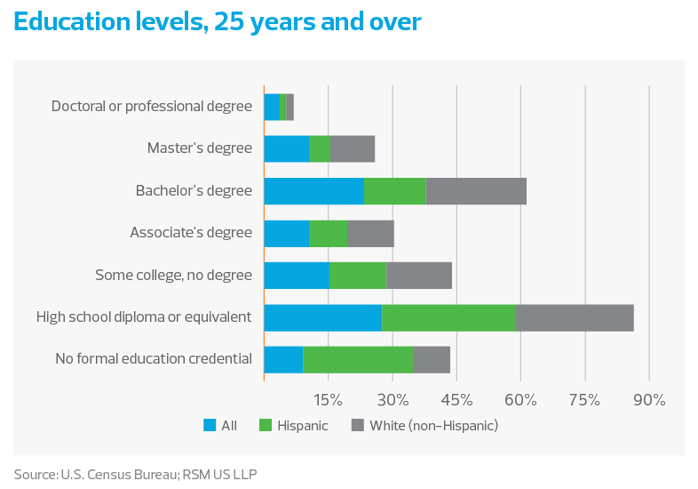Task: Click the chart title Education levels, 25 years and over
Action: [218, 23]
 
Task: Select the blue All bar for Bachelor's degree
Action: [314, 191]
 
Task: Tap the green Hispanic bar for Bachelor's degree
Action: [394, 191]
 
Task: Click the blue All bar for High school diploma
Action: [323, 317]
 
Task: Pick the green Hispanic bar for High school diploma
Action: [448, 317]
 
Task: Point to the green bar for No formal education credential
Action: [358, 359]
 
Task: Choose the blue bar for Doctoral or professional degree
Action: [272, 107]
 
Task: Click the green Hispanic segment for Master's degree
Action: [319, 148]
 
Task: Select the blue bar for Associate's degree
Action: [286, 233]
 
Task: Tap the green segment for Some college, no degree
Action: [358, 276]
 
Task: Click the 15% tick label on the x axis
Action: [328, 399]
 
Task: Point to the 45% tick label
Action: [456, 399]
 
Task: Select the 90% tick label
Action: [649, 399]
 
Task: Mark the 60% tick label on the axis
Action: [520, 399]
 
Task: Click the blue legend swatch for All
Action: [210, 426]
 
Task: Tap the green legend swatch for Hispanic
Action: [265, 426]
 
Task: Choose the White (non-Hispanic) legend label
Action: [433, 426]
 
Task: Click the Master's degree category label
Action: [200, 148]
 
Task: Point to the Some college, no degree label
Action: [174, 276]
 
